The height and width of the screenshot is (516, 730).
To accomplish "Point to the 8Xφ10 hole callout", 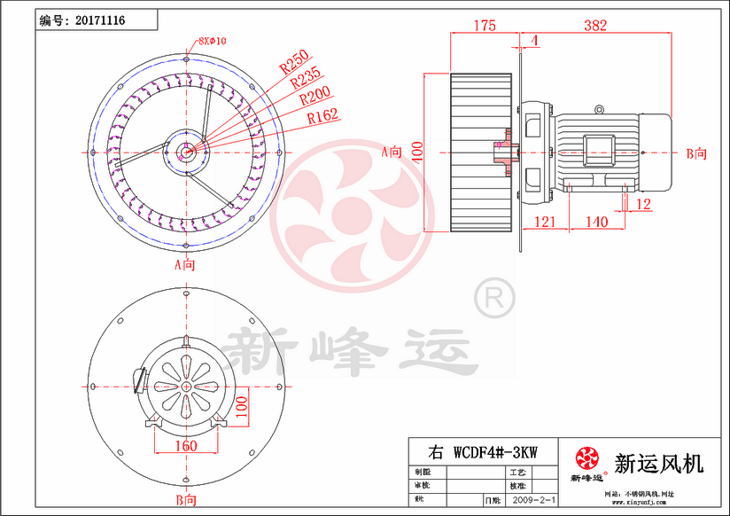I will [213, 41].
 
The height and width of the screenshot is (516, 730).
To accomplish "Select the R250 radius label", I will [293, 63].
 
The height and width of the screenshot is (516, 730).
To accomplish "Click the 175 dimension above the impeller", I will [483, 26].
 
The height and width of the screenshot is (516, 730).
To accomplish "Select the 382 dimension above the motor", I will [595, 26].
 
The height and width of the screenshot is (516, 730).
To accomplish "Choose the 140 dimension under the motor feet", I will [596, 221].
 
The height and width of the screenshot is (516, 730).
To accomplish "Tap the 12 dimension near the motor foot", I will [643, 205].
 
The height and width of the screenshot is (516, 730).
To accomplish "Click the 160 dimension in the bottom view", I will [185, 445].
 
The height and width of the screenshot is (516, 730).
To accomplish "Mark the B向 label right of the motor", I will [696, 152].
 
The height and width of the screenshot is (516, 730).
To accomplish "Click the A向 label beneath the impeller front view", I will [184, 264].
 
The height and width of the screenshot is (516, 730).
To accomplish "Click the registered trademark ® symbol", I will [493, 297].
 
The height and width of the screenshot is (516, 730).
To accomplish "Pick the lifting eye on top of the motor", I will [600, 110].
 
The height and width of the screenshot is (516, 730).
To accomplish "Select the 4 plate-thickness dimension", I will [535, 41].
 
